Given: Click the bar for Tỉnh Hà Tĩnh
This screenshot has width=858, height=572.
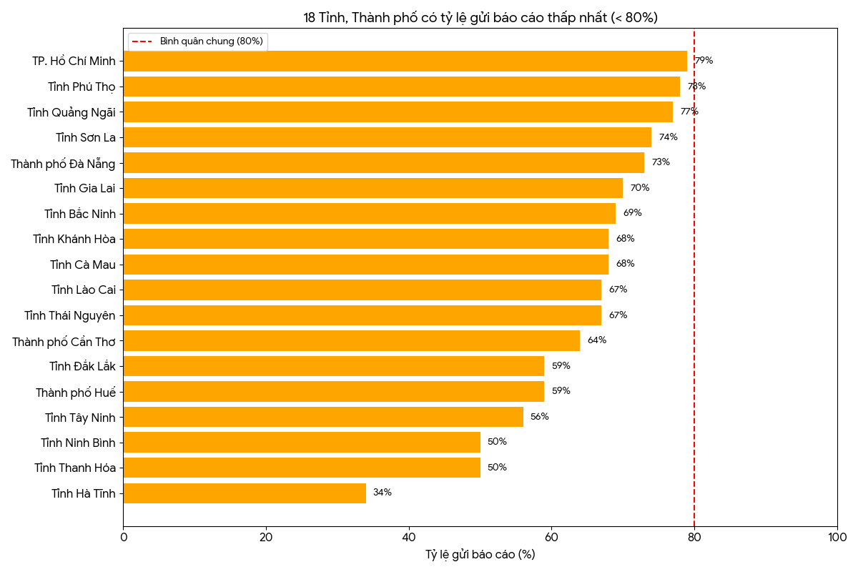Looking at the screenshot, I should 245,493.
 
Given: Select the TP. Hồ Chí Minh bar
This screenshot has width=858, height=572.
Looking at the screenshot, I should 405,61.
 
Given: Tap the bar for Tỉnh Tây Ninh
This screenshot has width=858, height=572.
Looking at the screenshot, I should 323,417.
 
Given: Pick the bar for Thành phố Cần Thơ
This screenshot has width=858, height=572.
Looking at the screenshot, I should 351,340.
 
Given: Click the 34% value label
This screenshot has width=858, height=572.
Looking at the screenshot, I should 383,493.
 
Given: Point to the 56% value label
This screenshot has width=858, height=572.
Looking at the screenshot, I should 540,417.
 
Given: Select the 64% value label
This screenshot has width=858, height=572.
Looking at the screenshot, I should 597,340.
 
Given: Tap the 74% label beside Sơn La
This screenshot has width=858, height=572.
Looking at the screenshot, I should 669,137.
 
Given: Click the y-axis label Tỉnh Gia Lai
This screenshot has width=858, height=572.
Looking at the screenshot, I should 84,188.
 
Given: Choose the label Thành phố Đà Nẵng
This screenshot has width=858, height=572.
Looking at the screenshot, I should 63,164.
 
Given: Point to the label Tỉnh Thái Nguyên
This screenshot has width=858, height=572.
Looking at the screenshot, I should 69,315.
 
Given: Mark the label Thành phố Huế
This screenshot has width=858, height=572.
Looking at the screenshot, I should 75,393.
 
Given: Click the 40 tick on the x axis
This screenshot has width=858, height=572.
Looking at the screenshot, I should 409,537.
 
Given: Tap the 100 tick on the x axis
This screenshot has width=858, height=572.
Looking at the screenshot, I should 837,537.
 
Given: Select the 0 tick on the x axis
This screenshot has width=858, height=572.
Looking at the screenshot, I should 123,537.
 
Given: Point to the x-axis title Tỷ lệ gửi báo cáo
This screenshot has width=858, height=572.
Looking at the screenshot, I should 480,555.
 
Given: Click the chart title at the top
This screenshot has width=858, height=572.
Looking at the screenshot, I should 480,18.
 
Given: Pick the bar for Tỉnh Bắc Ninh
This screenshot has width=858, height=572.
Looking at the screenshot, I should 369,213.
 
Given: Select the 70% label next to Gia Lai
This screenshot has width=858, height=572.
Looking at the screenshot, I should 640,188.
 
